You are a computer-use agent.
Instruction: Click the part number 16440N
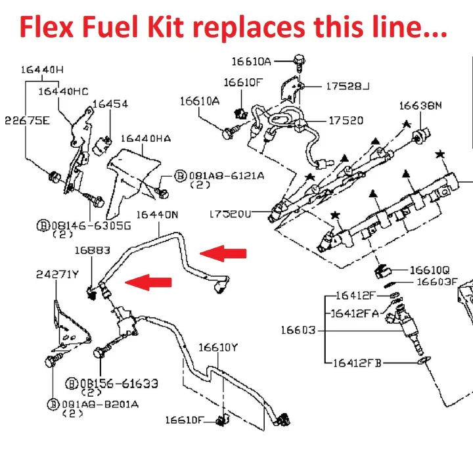point(157,214)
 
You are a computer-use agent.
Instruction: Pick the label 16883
point(92,250)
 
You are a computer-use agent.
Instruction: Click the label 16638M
point(421,105)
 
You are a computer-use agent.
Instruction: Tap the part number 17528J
point(348,86)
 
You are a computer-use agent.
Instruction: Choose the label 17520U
point(231,214)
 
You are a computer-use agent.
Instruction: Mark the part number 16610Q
point(430,269)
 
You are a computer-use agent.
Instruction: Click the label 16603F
point(437,282)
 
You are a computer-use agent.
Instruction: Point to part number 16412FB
point(357,363)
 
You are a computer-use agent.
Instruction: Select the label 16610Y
point(218,347)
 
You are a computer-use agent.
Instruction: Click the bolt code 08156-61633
point(118,383)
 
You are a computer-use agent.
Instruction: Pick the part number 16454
point(110,104)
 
